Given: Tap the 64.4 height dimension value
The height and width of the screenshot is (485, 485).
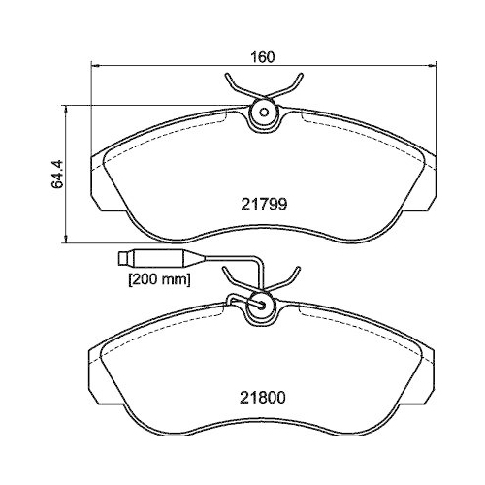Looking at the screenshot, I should pos(57,174).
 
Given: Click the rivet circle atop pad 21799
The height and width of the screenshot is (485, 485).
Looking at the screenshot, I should pos(261,113).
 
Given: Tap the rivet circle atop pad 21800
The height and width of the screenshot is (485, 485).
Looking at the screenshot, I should pos(261,304).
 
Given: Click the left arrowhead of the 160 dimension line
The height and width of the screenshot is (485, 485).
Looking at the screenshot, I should pos(94,65).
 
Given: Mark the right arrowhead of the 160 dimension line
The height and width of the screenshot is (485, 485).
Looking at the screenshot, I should pos(427,65).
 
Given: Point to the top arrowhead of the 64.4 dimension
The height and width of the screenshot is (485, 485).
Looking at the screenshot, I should pos(66,108).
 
